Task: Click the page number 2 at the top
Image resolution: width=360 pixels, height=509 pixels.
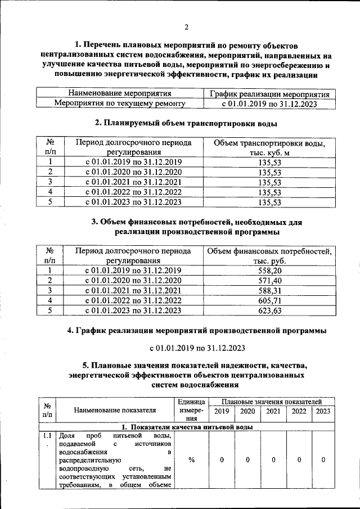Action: [186, 27]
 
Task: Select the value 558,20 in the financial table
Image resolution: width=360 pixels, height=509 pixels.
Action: [269, 271]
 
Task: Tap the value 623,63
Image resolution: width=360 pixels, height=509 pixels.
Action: [269, 310]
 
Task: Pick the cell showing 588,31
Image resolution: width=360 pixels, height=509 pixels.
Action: [269, 291]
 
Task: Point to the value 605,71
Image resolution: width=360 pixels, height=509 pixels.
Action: [269, 301]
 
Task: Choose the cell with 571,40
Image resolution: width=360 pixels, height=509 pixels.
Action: [269, 281]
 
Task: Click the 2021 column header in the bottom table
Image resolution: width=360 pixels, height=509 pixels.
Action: [273, 411]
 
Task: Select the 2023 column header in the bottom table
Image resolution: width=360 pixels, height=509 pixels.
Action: [323, 411]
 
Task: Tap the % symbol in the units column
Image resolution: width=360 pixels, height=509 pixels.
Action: [192, 460]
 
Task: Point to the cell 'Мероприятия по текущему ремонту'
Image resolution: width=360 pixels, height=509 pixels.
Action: [119, 103]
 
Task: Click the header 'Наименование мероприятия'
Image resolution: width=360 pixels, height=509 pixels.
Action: [119, 93]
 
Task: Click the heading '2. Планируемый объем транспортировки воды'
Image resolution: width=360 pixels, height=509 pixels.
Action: [186, 123]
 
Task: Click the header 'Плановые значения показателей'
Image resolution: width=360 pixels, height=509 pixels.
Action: [272, 402]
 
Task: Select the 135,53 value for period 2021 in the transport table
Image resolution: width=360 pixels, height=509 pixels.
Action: [269, 182]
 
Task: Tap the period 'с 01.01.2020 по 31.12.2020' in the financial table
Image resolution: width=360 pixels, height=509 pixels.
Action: [133, 281]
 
